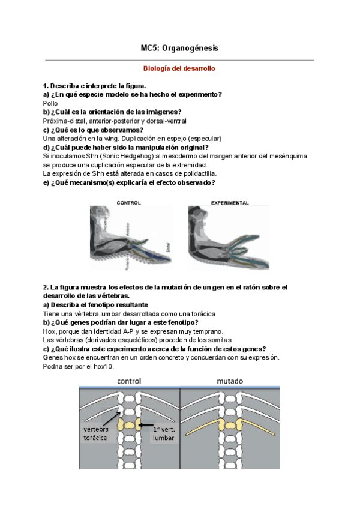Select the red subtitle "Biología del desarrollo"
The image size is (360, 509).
pos(180,69)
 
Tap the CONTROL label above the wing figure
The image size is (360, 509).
pos(128,203)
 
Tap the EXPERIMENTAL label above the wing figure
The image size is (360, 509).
pos(230,203)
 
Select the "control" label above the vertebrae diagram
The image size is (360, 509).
pos(129,381)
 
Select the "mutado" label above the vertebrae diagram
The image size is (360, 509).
pos(230,381)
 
